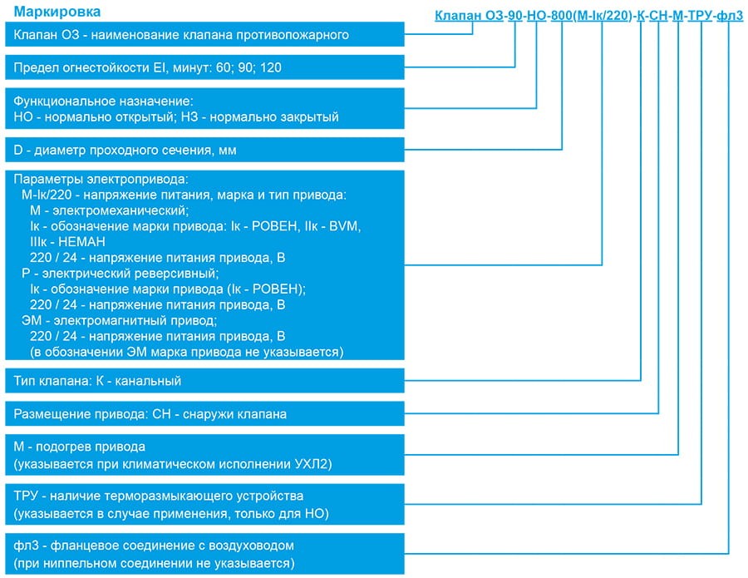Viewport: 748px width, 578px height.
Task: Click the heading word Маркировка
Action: [57, 12]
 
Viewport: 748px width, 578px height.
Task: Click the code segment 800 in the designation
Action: [562, 16]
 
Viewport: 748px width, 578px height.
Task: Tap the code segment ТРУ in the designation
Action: [701, 16]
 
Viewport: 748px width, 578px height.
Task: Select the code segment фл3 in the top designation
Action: [730, 16]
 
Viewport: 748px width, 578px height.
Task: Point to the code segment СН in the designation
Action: [658, 16]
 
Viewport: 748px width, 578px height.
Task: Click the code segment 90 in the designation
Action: [515, 16]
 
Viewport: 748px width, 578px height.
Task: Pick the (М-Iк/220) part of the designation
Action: [603, 16]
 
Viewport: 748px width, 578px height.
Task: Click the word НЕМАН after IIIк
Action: [81, 241]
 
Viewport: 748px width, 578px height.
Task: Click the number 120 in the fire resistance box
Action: [270, 67]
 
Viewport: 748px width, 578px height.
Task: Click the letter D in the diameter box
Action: [18, 150]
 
